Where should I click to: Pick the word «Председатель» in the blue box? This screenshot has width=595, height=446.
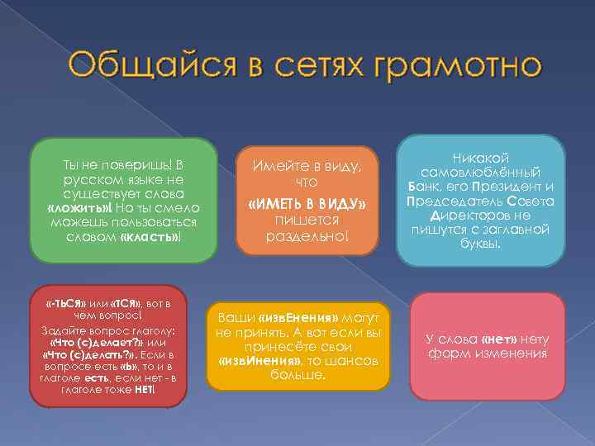tap(451, 202)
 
